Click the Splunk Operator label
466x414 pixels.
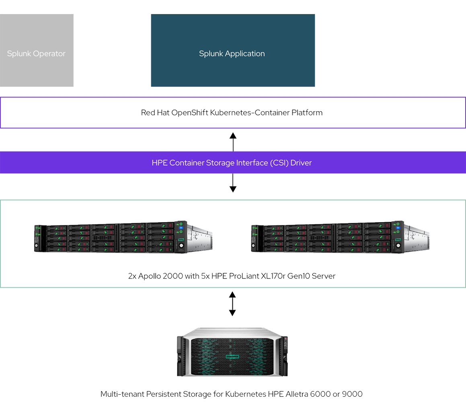(36, 53)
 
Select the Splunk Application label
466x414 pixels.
(232, 53)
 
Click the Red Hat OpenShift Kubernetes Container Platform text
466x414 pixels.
(232, 113)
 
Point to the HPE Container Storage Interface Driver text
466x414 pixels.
(232, 163)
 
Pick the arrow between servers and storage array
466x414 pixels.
(232, 304)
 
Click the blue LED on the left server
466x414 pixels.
(181, 228)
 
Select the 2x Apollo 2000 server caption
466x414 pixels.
(232, 277)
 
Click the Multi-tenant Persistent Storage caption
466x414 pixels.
(232, 394)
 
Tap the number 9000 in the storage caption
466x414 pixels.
(353, 394)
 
